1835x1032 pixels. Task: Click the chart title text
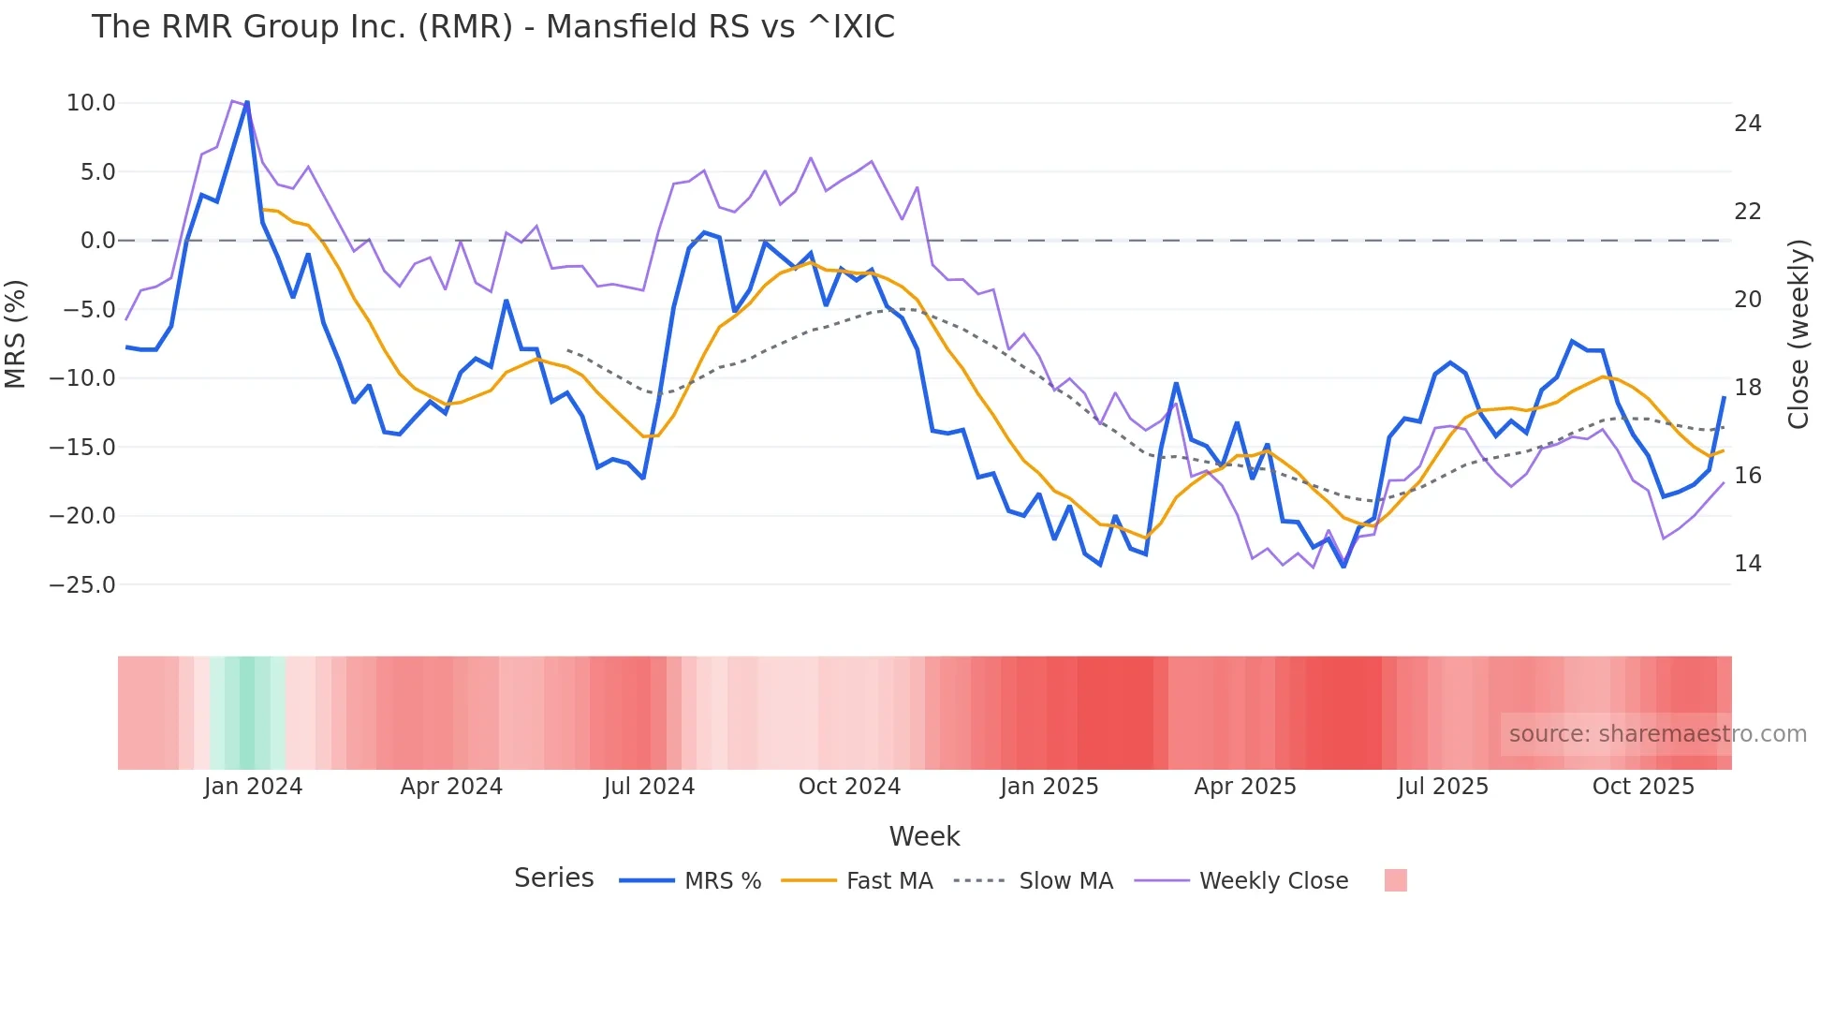[492, 26]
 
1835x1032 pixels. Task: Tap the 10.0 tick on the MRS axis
[91, 103]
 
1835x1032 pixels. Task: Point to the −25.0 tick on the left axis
[83, 585]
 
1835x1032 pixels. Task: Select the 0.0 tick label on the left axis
[98, 241]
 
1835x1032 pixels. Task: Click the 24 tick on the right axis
[1748, 124]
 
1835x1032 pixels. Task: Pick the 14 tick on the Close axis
[1748, 564]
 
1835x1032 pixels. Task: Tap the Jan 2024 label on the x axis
[253, 787]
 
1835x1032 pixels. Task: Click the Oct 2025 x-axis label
[1643, 787]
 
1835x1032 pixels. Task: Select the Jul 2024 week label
[649, 787]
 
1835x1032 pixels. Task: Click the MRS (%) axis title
[16, 333]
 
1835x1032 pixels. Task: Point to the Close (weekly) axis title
[1798, 334]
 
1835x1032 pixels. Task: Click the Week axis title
[924, 836]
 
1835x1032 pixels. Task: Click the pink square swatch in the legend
[1395, 880]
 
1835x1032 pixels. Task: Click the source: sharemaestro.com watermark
[1657, 734]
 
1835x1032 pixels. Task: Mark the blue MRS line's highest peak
[247, 102]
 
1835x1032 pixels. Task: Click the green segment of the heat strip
[246, 713]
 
